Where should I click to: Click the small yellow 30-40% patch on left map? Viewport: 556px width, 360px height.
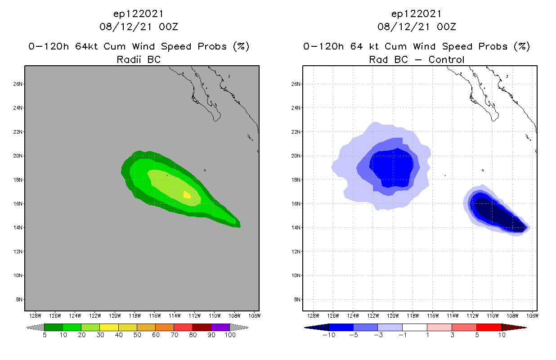pyautogui.click(x=187, y=194)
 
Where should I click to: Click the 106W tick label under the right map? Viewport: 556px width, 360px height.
pyautogui.click(x=532, y=315)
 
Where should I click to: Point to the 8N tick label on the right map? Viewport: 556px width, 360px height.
pyautogui.click(x=297, y=299)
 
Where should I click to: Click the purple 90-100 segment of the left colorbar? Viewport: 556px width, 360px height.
pyautogui.click(x=220, y=327)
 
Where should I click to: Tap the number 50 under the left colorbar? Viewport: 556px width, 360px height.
pyautogui.click(x=137, y=335)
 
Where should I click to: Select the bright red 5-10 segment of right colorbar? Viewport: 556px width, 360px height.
pyautogui.click(x=489, y=327)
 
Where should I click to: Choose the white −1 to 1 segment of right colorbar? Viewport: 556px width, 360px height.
pyautogui.click(x=415, y=327)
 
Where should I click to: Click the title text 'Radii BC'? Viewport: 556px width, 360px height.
pyautogui.click(x=139, y=59)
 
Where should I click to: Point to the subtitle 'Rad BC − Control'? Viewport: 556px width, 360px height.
pyautogui.click(x=417, y=59)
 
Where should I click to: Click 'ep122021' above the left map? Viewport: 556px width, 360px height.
pyautogui.click(x=139, y=14)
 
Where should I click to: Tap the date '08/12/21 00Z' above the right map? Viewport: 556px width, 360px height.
pyautogui.click(x=417, y=27)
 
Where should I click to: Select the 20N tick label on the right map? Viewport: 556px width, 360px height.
pyautogui.click(x=296, y=156)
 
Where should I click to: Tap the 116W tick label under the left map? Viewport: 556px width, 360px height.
pyautogui.click(x=155, y=315)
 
